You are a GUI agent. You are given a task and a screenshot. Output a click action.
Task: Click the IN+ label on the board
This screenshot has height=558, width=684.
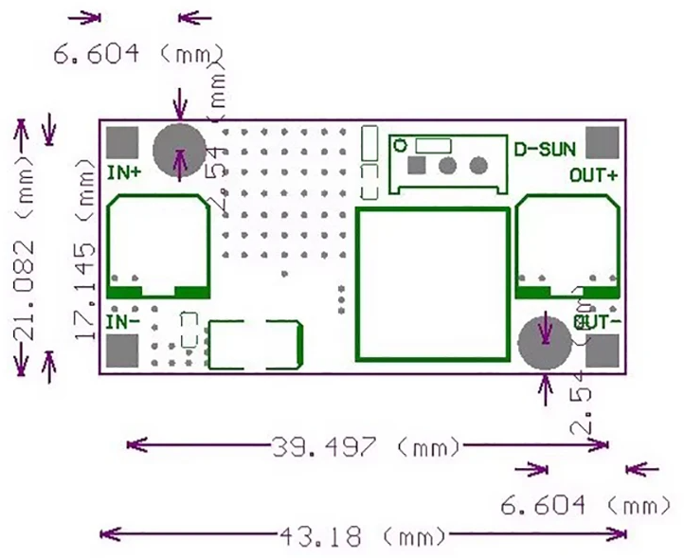coord(125,172)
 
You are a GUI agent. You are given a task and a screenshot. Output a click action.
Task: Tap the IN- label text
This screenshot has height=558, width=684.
coord(124,322)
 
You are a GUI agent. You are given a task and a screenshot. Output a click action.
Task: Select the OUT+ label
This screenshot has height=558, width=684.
coord(594,174)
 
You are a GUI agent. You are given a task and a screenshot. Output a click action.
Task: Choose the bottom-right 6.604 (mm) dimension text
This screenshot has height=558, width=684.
coord(586,506)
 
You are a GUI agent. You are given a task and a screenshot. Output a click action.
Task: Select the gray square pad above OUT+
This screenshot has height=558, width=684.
coord(603,142)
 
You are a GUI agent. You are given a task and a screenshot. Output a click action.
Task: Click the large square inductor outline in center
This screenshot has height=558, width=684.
coord(431,283)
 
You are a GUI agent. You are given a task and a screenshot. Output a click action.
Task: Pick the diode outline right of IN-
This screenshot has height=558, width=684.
coord(255,344)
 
